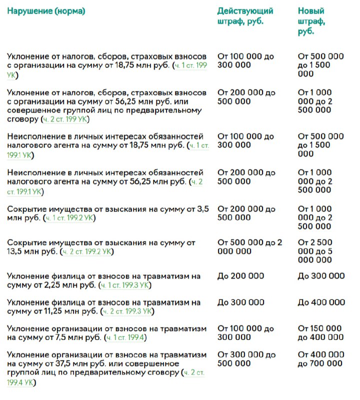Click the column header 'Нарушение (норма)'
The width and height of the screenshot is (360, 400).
click(x=45, y=11)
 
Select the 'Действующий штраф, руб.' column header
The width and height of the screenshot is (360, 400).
click(x=245, y=16)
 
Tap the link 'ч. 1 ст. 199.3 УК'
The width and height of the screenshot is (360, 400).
click(x=125, y=285)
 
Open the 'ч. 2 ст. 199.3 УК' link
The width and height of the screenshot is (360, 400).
click(x=127, y=311)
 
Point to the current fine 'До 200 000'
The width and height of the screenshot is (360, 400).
click(x=240, y=276)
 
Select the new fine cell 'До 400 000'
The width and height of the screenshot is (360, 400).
click(x=321, y=302)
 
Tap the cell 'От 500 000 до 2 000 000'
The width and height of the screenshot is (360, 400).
click(x=249, y=247)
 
